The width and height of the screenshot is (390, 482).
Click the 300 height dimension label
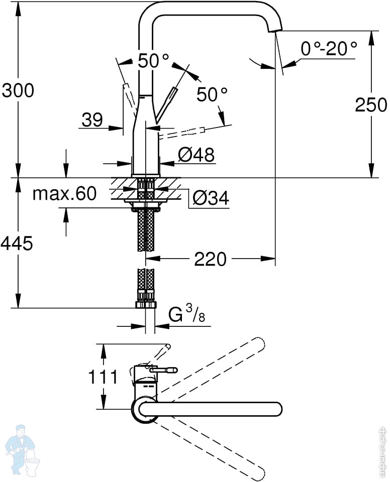18,91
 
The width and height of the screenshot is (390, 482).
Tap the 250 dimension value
371,105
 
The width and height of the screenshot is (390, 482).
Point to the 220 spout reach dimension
210,259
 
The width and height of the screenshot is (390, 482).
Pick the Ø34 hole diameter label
211,198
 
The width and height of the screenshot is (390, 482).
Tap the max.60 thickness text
65,194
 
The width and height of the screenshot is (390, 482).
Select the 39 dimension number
92,120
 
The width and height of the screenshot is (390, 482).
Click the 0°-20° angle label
329,49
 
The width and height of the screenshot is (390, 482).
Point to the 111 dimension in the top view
103,377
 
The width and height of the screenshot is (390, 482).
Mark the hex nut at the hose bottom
146,305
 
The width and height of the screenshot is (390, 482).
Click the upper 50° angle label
153,61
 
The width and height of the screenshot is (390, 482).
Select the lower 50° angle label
212,94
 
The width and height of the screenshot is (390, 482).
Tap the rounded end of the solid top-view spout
276,409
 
